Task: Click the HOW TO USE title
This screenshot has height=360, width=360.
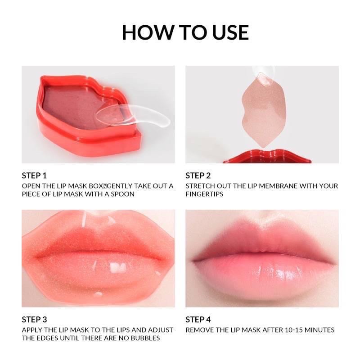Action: pos(185,32)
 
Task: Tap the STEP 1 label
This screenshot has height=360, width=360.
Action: pos(34,175)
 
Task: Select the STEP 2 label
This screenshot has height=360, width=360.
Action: pos(198,175)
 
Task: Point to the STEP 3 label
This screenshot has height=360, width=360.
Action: pos(34,319)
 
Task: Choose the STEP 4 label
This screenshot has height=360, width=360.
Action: pos(198,319)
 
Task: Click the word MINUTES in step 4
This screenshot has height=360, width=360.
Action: pos(319,330)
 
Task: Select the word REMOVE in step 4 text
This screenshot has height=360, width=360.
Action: pos(199,330)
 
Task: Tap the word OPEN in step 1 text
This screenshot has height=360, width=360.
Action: pos(31,186)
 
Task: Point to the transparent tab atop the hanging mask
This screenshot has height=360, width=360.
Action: pos(262,75)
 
